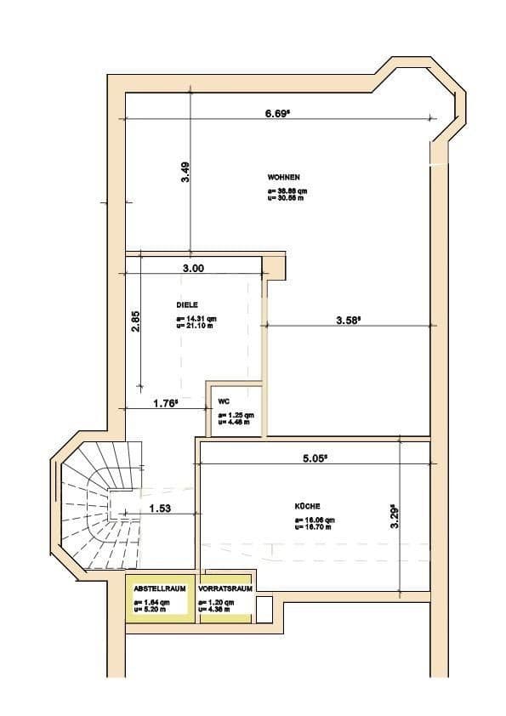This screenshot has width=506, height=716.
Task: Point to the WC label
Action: (x=224, y=401)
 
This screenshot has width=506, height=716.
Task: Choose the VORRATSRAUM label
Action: (x=225, y=588)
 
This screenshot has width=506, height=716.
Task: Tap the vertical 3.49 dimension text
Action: (x=185, y=173)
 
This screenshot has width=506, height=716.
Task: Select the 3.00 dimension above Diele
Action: (x=193, y=268)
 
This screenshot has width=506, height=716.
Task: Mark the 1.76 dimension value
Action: (x=165, y=405)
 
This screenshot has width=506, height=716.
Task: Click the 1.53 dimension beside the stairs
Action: (x=162, y=509)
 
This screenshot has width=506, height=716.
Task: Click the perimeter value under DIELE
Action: (x=193, y=323)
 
